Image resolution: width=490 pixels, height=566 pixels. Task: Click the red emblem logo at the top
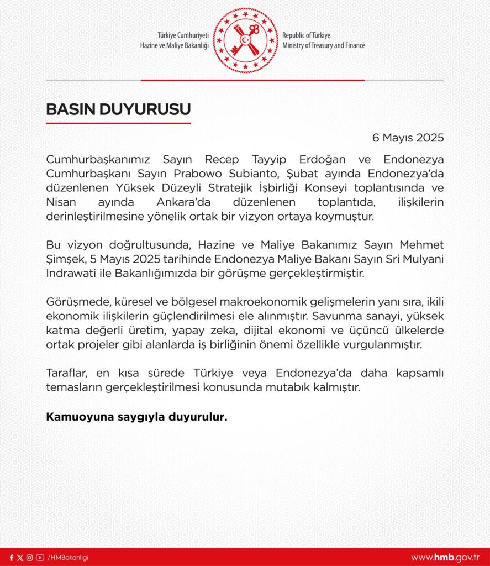(x=245, y=40)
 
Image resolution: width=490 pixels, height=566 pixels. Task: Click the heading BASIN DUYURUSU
(x=118, y=109)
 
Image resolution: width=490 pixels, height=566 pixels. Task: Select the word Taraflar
(x=65, y=374)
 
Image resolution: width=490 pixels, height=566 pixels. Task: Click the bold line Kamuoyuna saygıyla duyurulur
(x=136, y=417)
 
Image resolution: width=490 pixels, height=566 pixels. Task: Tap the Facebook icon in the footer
(x=12, y=558)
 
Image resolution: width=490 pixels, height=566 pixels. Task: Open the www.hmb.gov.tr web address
(x=446, y=558)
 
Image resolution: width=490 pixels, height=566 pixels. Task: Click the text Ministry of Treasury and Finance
(x=323, y=45)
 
